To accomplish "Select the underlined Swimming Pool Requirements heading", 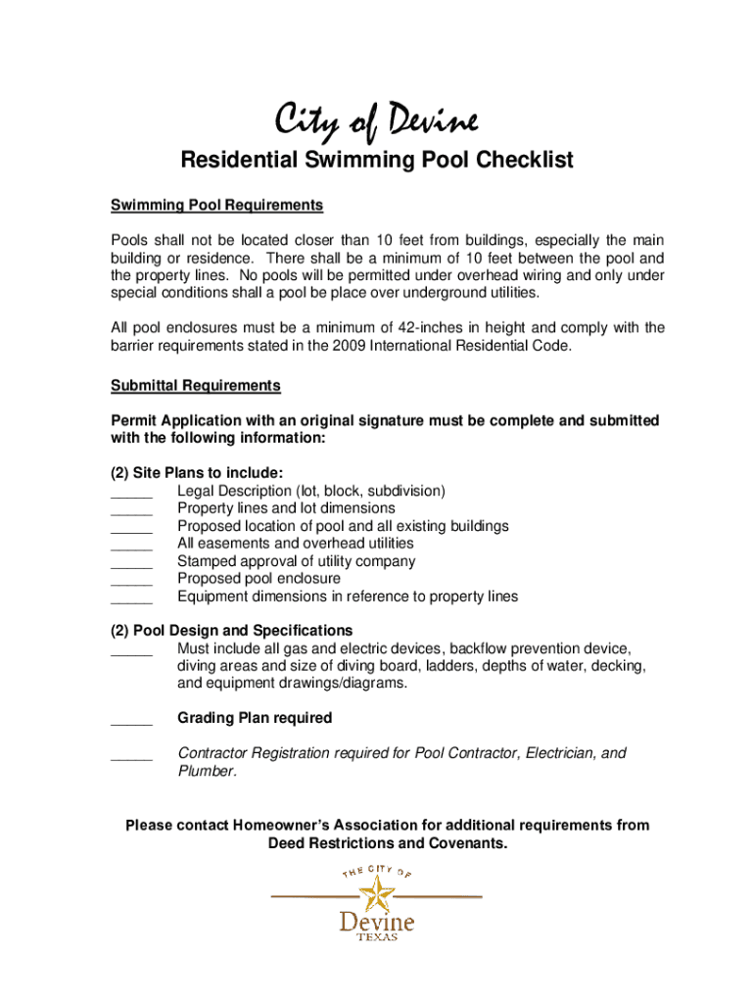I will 216,206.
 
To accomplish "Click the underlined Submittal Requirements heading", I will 196,385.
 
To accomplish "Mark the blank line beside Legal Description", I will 132,494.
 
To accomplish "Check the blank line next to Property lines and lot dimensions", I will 132,511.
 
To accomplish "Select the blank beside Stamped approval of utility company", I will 132,564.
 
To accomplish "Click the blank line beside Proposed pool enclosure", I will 132,582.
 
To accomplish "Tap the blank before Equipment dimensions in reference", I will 132,599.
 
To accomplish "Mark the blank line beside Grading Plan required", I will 132,722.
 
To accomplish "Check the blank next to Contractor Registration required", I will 132,757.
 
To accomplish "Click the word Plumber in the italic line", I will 207,771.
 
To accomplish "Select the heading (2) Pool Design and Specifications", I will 232,630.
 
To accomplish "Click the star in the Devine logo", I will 375,892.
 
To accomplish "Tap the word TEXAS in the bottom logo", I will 376,936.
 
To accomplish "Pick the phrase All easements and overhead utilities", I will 296,543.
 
